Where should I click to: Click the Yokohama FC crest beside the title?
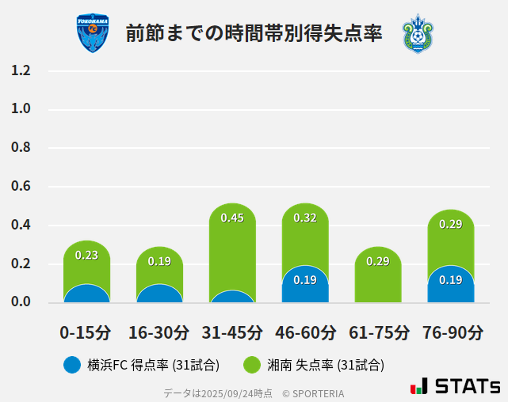(x=93, y=33)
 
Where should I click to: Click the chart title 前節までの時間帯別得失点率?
(x=254, y=34)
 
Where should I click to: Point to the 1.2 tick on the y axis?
(x=21, y=70)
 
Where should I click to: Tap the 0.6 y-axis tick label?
(x=21, y=187)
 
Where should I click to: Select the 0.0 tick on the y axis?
(x=21, y=302)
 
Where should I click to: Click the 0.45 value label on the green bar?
(x=232, y=218)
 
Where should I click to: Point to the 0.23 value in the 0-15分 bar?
(x=86, y=255)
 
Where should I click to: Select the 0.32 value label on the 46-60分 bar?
(x=305, y=218)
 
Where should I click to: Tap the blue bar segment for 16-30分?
(x=159, y=294)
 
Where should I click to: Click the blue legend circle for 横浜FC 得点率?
(x=72, y=365)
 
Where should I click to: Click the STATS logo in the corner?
(x=456, y=386)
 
